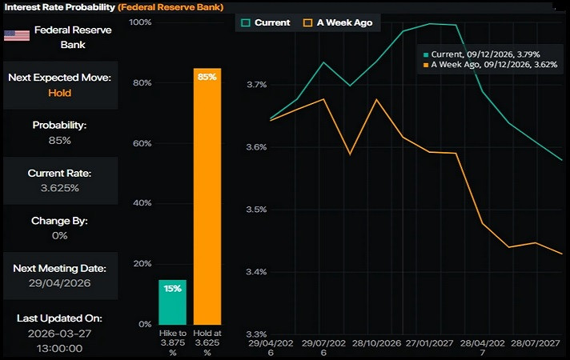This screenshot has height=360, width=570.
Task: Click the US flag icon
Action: pos(17,35)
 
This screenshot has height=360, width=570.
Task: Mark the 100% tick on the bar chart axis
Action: pos(140,22)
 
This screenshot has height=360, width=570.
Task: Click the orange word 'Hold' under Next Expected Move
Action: pos(59,93)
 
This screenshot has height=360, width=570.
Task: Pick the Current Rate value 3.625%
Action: pos(59,188)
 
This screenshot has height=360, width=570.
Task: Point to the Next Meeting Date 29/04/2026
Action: pos(59,284)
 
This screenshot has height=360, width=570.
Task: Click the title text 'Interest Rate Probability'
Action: pos(58,7)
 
